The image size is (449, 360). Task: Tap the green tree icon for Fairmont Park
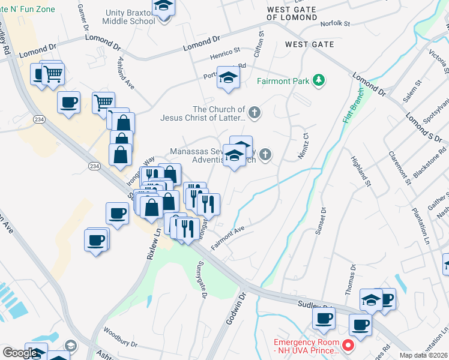click(x=319, y=80)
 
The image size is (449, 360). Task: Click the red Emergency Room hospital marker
click(x=347, y=346)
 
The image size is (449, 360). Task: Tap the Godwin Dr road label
click(x=243, y=305)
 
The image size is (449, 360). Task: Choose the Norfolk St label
click(x=334, y=23)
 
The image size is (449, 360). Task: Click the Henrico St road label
click(x=224, y=54)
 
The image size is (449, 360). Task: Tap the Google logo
click(x=20, y=353)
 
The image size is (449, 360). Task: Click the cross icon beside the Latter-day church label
click(x=255, y=112)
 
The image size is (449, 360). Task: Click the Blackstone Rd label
click(x=431, y=159)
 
